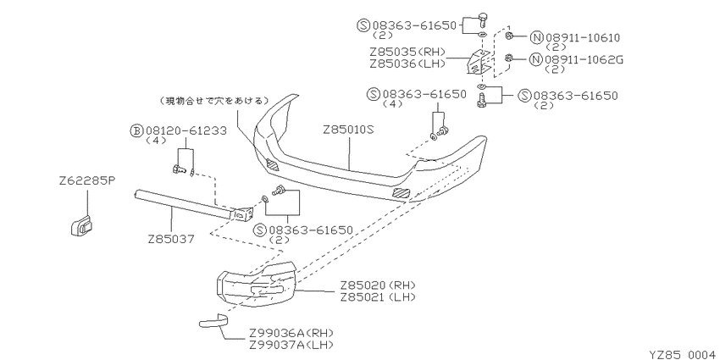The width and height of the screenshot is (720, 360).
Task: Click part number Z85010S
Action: [349, 130]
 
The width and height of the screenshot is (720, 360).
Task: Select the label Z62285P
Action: [86, 181]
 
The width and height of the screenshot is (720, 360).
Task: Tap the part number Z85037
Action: [172, 239]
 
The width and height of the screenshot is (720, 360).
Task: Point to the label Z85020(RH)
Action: [378, 285]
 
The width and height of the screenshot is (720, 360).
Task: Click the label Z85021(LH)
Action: [378, 297]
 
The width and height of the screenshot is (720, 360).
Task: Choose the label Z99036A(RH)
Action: [291, 333]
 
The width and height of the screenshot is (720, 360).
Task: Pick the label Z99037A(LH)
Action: [291, 345]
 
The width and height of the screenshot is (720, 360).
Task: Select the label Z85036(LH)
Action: [407, 64]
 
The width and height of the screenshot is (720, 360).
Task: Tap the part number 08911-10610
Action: [583, 37]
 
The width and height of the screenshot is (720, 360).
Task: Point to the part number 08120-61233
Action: [186, 130]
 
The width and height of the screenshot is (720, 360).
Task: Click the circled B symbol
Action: [136, 131]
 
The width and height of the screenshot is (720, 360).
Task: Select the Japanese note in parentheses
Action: [213, 101]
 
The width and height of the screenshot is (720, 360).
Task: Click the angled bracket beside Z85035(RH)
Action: [477, 62]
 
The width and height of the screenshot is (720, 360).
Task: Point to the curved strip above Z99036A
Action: [213, 320]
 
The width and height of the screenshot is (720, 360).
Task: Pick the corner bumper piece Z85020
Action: [256, 285]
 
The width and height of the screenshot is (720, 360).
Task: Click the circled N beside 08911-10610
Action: [536, 37]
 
